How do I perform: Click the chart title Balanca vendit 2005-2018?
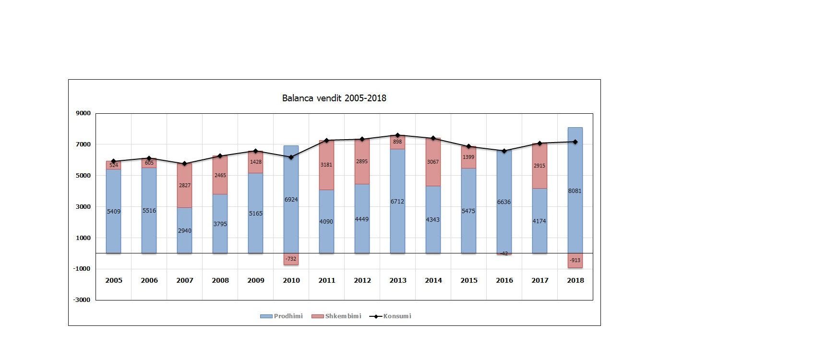(x=334, y=98)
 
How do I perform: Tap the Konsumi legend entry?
(x=390, y=316)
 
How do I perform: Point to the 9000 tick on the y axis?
(x=83, y=113)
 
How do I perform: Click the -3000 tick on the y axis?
(x=82, y=300)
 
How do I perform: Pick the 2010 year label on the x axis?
(x=291, y=281)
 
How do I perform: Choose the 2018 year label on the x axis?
(x=575, y=281)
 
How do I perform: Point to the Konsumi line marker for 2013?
(x=397, y=135)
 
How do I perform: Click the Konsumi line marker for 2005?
(x=114, y=161)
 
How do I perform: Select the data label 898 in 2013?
(x=397, y=142)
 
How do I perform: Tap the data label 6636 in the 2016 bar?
(x=504, y=202)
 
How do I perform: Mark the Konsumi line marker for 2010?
(x=291, y=157)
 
